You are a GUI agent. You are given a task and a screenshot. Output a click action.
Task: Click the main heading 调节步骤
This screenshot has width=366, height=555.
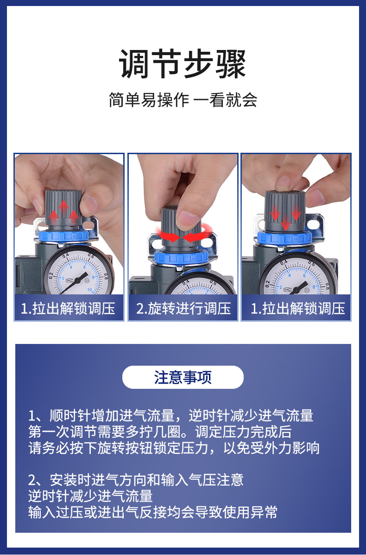(183, 64)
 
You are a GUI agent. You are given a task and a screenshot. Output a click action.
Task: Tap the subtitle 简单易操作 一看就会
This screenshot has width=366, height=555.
(183, 100)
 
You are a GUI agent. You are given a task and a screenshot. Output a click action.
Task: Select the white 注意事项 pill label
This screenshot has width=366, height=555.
(183, 377)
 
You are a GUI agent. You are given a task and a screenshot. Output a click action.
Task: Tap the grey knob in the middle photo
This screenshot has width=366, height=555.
(173, 226)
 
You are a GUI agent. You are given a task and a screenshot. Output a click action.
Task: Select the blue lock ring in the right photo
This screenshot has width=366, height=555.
(285, 239)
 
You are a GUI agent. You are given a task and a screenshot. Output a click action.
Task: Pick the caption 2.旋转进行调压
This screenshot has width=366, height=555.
(183, 308)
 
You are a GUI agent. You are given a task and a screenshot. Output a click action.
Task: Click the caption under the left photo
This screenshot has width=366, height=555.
(68, 308)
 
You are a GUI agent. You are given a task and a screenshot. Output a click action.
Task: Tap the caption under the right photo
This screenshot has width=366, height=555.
(297, 308)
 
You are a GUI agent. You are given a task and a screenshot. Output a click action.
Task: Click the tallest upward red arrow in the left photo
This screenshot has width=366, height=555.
(63, 209)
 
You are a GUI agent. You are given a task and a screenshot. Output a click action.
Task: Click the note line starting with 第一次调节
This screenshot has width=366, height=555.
(160, 432)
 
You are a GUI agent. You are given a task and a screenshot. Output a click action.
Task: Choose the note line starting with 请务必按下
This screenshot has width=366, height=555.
(174, 448)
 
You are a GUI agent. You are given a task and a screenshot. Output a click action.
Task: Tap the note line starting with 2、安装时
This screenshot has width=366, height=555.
(136, 480)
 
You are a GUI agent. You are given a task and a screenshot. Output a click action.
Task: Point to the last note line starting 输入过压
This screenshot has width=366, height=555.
(153, 512)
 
